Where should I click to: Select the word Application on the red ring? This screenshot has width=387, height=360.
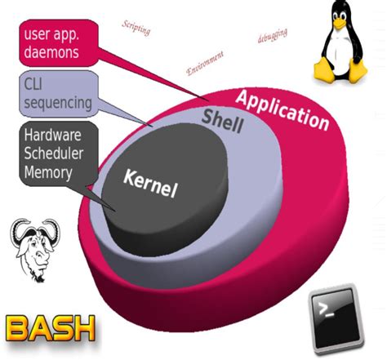tap(281, 110)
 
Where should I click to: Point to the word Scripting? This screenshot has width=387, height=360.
tap(137, 29)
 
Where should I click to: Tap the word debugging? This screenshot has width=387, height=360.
tap(272, 36)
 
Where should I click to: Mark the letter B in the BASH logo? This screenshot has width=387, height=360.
tap(19, 328)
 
